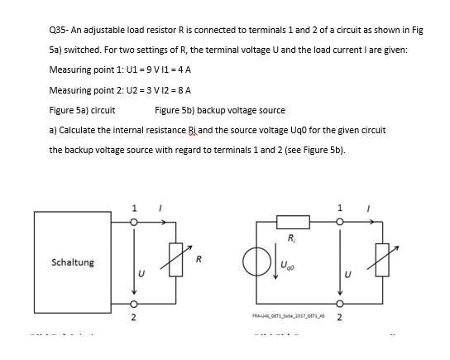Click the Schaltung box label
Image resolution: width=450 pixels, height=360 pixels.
tap(73, 262)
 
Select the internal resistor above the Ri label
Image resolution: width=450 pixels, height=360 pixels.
tap(293, 221)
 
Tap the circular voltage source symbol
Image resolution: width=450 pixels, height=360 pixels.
tap(254, 262)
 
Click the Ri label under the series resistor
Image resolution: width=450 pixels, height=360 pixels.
tap(292, 239)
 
